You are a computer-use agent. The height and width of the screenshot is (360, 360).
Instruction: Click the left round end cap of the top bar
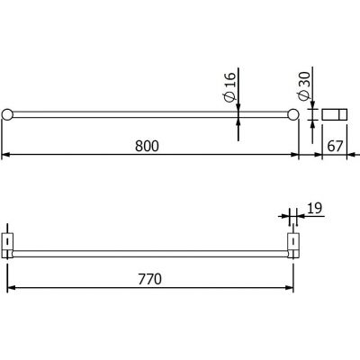click(7, 114)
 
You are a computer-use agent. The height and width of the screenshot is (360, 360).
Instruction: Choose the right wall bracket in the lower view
click(292, 245)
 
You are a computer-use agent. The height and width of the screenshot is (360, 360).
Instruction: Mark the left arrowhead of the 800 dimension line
click(5, 156)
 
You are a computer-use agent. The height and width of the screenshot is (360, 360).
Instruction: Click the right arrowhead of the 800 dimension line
click(296, 156)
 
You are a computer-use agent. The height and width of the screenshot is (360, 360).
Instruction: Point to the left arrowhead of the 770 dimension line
click(12, 289)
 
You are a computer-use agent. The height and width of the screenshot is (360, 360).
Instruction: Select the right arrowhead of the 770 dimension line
click(290, 289)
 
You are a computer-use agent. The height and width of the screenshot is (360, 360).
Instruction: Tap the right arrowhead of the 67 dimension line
click(348, 156)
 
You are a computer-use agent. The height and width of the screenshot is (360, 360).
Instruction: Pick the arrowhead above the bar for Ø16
click(238, 108)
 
